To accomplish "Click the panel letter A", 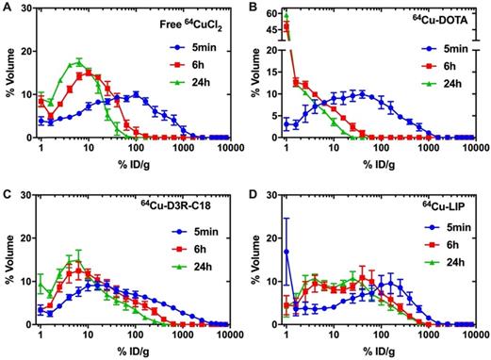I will tap(7, 8).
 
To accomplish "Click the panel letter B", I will tap(253, 8).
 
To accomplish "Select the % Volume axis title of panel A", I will tap(8, 75).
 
